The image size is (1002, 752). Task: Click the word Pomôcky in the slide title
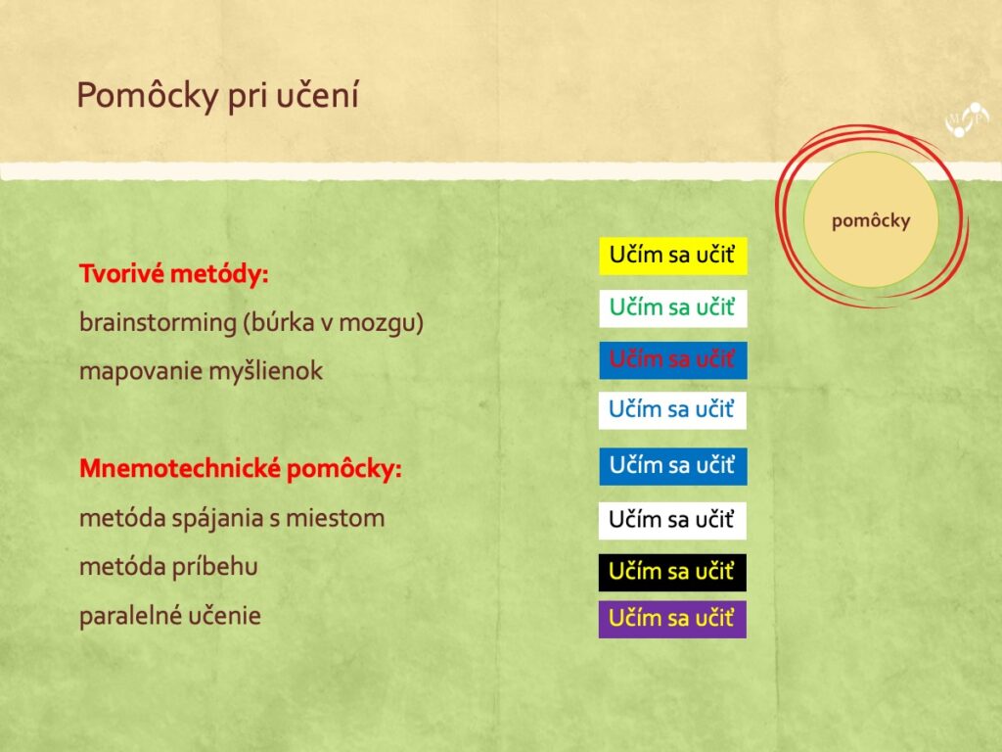tap(148, 96)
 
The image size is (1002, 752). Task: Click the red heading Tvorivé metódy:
tap(174, 274)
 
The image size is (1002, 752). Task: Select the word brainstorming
tap(158, 322)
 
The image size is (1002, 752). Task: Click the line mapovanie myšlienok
tap(202, 371)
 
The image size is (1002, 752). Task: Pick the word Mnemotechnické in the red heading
tap(180, 469)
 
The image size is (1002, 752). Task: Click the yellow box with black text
tap(673, 256)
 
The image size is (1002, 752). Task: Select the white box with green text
tap(673, 308)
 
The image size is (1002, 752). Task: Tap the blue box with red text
tap(673, 360)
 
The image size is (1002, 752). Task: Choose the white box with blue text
tap(672, 410)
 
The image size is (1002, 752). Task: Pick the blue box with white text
tap(673, 466)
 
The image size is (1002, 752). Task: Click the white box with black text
tap(672, 521)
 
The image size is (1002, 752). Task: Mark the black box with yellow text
tap(672, 572)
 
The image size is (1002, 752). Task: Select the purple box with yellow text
tap(672, 619)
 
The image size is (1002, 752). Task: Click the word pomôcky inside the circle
tap(871, 220)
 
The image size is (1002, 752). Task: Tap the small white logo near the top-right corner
tap(966, 119)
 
